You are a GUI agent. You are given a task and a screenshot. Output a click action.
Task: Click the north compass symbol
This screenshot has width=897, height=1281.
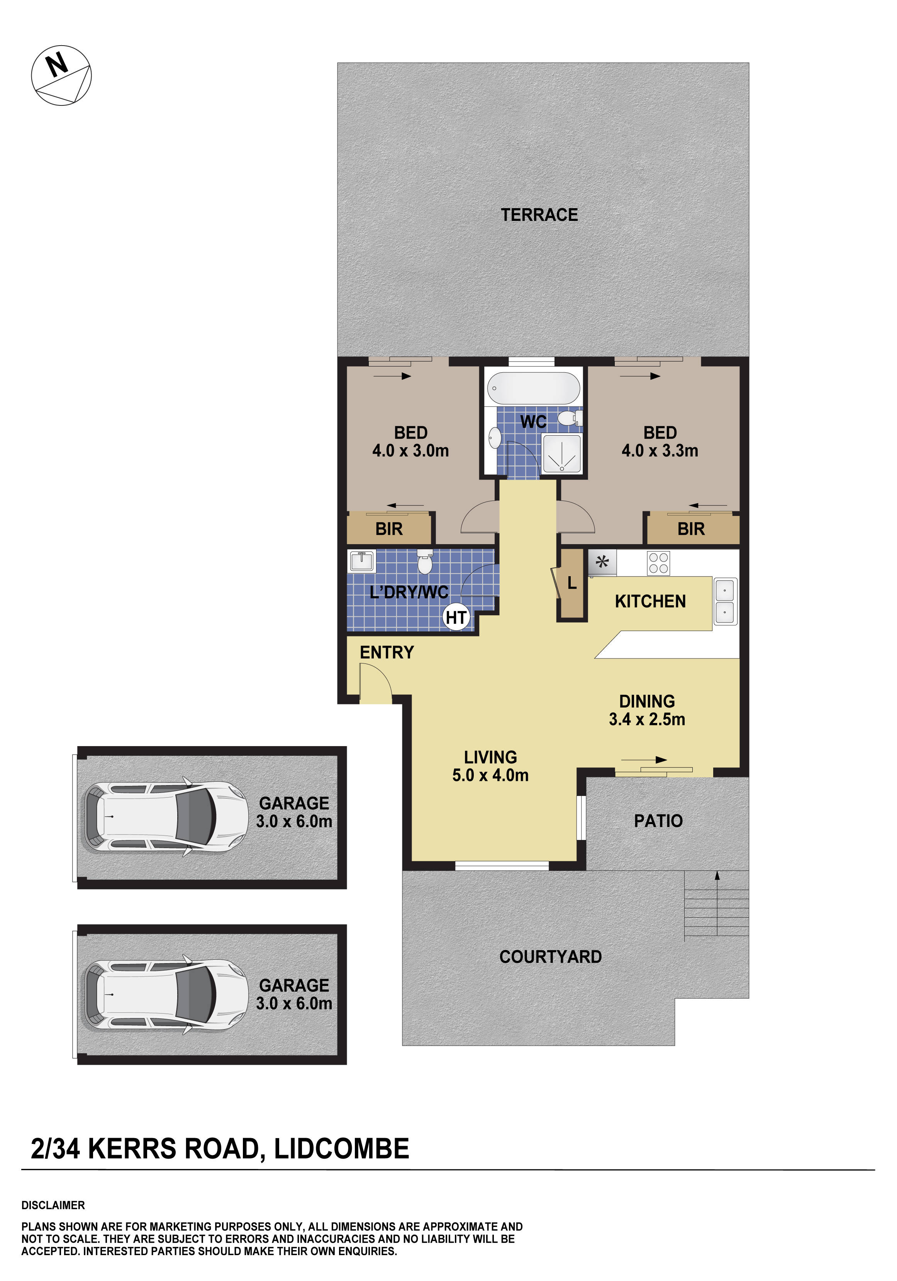point(61,75)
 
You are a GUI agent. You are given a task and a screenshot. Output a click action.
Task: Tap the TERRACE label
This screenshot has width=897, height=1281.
point(539,215)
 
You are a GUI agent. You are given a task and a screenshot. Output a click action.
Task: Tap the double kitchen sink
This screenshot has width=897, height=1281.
point(725,601)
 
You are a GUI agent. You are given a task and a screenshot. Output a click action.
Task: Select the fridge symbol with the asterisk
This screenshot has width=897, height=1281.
point(602,562)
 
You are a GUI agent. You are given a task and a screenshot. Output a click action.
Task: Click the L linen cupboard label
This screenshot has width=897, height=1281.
point(572,584)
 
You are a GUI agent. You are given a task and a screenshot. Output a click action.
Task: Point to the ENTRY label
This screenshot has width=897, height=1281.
point(387,652)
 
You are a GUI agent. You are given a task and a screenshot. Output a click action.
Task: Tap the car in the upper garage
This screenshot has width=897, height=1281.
point(166,817)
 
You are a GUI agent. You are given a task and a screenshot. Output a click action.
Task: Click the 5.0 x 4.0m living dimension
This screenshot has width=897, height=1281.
point(490,775)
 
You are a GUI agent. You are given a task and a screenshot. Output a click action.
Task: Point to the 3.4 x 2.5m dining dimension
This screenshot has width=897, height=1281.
point(647,719)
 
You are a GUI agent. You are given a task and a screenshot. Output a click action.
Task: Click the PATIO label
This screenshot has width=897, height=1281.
point(658,821)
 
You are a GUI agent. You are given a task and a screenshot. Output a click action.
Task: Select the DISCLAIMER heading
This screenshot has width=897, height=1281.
point(53,1205)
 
